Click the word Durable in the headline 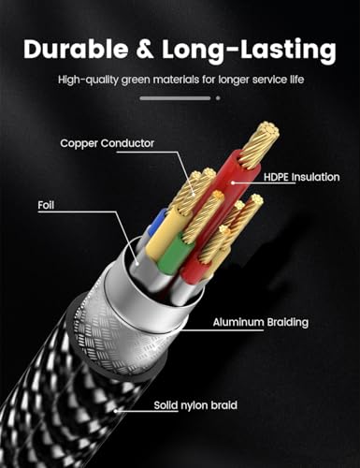76,49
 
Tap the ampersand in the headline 145,50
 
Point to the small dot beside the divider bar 218,98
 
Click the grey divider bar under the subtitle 175,98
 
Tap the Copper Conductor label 108,143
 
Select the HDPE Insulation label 302,177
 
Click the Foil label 46,205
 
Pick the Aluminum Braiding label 261,322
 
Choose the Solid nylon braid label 195,405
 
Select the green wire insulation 172,254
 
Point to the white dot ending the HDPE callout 233,183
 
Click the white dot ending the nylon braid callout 115,411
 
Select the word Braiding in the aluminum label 287,323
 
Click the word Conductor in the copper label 127,143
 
